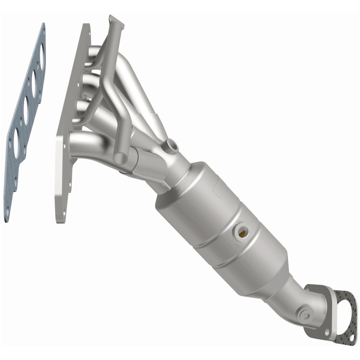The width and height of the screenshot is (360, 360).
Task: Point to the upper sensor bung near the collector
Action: (x=171, y=145)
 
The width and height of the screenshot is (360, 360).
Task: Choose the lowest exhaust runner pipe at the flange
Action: (x=85, y=142)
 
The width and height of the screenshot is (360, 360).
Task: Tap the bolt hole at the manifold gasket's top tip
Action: (x=42, y=28)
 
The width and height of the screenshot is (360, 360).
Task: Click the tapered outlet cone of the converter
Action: (x=274, y=274)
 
